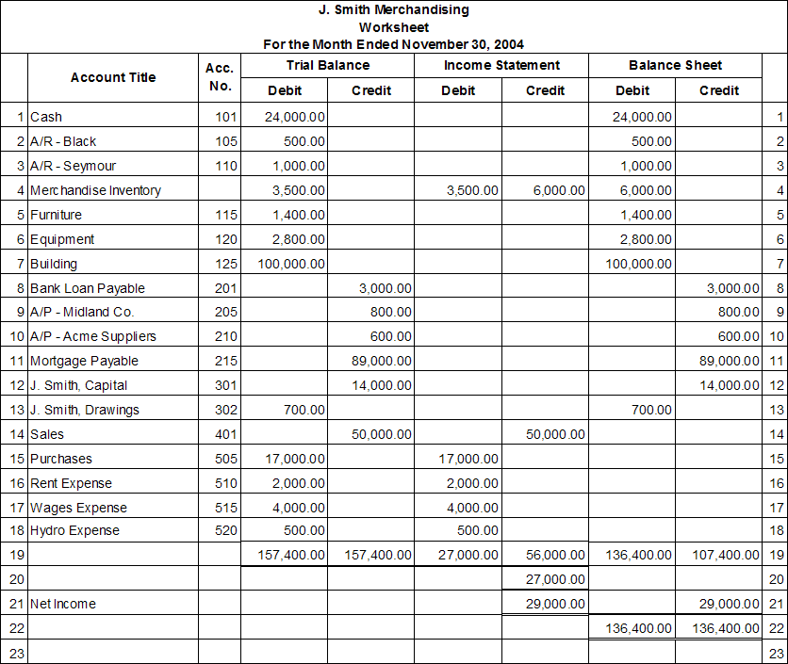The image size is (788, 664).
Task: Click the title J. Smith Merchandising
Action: (393, 10)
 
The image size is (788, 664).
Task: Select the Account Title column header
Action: (113, 77)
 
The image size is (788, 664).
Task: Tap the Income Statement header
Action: (501, 65)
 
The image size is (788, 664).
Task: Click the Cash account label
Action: (46, 117)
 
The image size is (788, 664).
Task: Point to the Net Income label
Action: (62, 604)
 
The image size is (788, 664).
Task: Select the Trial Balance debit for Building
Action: (291, 264)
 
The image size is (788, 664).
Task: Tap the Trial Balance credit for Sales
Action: (382, 434)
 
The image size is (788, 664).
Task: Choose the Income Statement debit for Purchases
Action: (468, 459)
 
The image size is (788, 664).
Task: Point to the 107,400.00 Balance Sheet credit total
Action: (725, 556)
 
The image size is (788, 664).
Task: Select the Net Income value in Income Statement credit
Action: (555, 604)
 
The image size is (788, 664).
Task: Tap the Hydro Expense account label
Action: (74, 530)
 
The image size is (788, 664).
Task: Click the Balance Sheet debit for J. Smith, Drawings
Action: (651, 410)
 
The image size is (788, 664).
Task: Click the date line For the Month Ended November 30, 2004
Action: (393, 44)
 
